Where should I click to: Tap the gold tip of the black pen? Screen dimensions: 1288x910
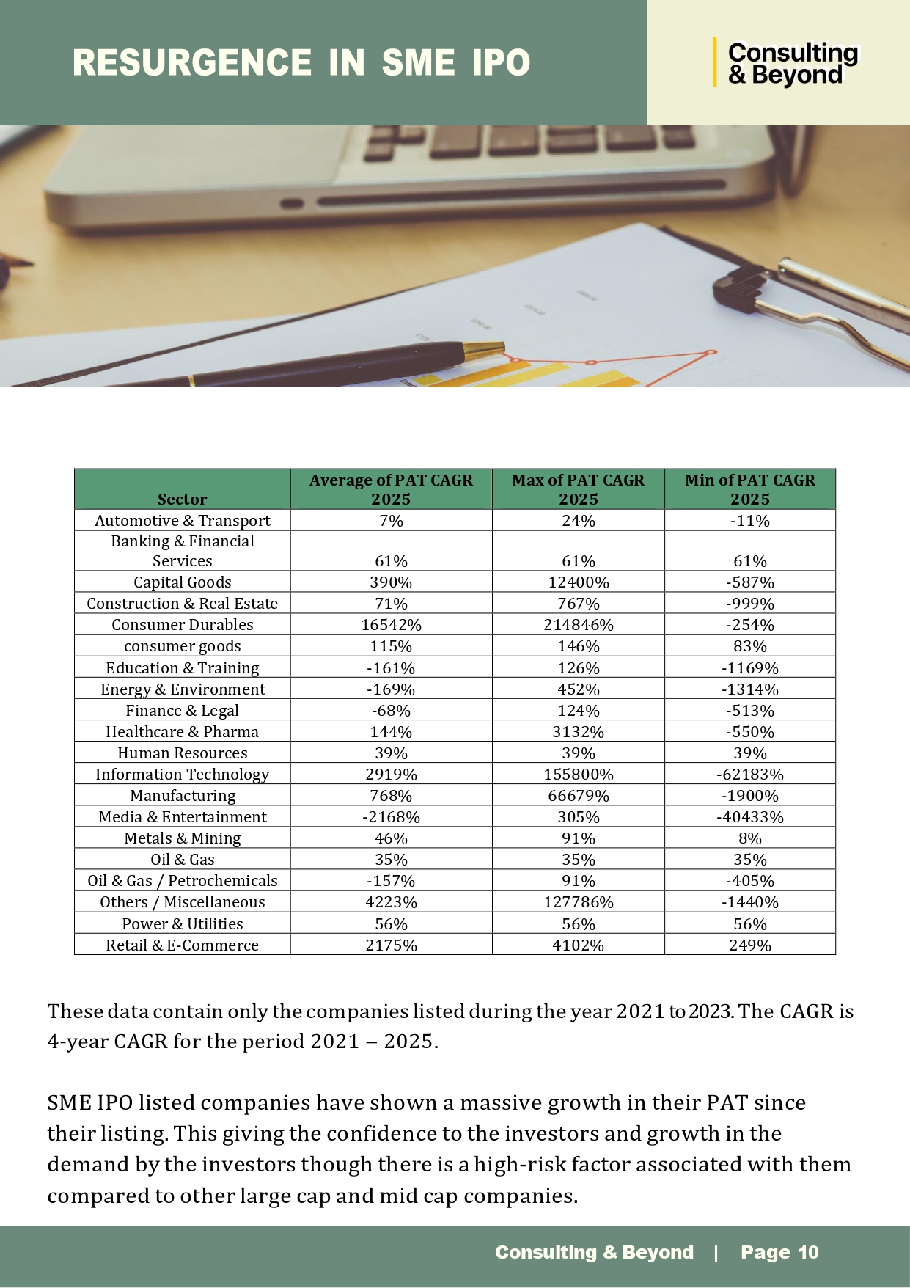click(x=485, y=350)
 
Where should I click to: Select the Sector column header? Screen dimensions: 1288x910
click(x=182, y=499)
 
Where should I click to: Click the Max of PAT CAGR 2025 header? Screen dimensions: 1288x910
click(x=578, y=489)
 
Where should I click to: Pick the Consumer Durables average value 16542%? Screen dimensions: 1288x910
click(x=391, y=625)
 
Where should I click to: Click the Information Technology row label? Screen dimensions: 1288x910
click(x=182, y=775)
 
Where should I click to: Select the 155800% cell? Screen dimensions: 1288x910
click(x=578, y=775)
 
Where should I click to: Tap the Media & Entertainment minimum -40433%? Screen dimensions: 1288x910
click(x=749, y=817)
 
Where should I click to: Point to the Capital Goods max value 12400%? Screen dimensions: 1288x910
click(x=578, y=582)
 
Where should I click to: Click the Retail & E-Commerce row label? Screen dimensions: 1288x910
click(x=182, y=945)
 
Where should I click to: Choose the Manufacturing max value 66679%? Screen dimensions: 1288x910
click(x=578, y=796)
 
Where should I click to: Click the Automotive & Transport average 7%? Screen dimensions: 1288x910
click(x=391, y=521)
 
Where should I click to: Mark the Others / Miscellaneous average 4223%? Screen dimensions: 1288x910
click(x=391, y=902)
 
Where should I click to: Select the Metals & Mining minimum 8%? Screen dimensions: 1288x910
click(x=749, y=838)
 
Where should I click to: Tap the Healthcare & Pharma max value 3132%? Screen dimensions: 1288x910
click(x=578, y=732)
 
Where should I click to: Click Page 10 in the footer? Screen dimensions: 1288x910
click(x=779, y=1252)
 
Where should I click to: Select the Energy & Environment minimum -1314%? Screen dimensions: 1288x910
click(x=749, y=689)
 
